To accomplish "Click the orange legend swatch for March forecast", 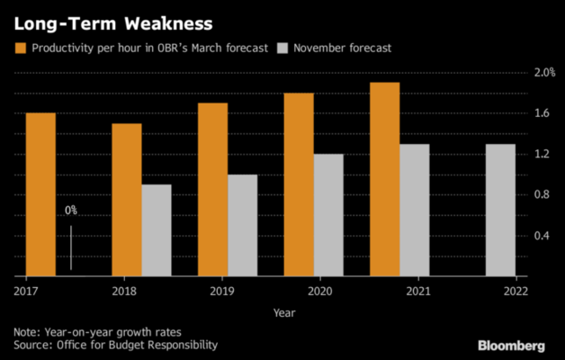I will point(21,46).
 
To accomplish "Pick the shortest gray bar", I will point(156,229).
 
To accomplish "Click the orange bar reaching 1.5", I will point(126,199).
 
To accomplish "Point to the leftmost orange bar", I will point(40,193).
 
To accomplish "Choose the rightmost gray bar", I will point(500,209).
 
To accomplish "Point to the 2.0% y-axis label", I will point(544,72).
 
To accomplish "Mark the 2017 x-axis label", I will point(25,292).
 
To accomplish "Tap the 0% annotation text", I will point(71,211).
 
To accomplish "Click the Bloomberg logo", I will point(512,346).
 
